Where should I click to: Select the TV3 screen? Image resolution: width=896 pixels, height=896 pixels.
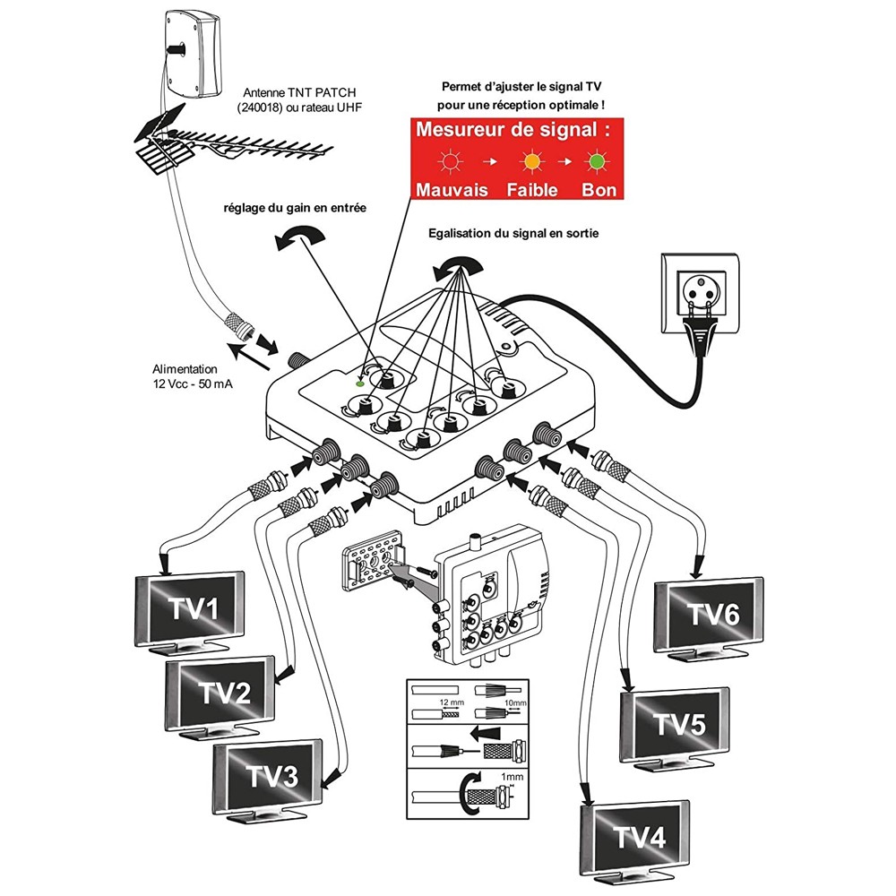pos(270,777)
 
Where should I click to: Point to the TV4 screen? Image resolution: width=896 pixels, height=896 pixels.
pos(639,839)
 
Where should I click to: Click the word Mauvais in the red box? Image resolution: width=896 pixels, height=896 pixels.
pos(452,190)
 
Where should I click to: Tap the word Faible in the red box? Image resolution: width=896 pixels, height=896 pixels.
pos(532,190)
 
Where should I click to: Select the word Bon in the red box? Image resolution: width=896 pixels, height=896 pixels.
pos(599,190)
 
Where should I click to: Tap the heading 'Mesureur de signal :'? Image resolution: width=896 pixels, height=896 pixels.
pos(517,130)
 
